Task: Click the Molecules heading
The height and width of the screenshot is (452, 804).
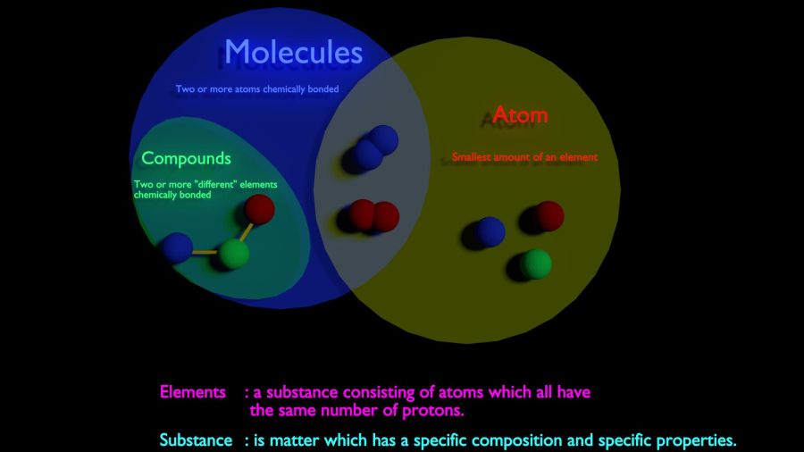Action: pyautogui.click(x=293, y=53)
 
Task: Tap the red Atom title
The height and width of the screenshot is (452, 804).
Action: pyautogui.click(x=520, y=114)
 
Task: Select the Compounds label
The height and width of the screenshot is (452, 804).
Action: pyautogui.click(x=186, y=158)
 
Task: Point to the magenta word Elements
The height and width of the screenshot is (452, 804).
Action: pyautogui.click(x=193, y=392)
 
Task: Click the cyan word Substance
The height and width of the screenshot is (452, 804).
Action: pyautogui.click(x=196, y=440)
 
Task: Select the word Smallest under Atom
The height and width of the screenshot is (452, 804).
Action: pyautogui.click(x=471, y=157)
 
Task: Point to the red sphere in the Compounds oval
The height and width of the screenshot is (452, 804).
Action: pyautogui.click(x=259, y=209)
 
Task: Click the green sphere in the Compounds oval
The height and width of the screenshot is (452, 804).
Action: pyautogui.click(x=234, y=254)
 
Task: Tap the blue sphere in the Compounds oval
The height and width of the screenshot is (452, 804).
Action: pyautogui.click(x=178, y=247)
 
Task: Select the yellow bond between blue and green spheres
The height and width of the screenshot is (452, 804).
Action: pyautogui.click(x=205, y=252)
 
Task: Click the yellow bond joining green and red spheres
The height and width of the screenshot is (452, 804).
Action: pyautogui.click(x=247, y=231)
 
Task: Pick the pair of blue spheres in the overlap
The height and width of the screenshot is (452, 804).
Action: pyautogui.click(x=375, y=147)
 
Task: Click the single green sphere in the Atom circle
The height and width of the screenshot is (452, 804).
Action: pyautogui.click(x=536, y=264)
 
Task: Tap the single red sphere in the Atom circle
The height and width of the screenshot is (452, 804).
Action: pyautogui.click(x=549, y=216)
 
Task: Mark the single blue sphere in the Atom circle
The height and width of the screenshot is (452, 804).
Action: pyautogui.click(x=490, y=231)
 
